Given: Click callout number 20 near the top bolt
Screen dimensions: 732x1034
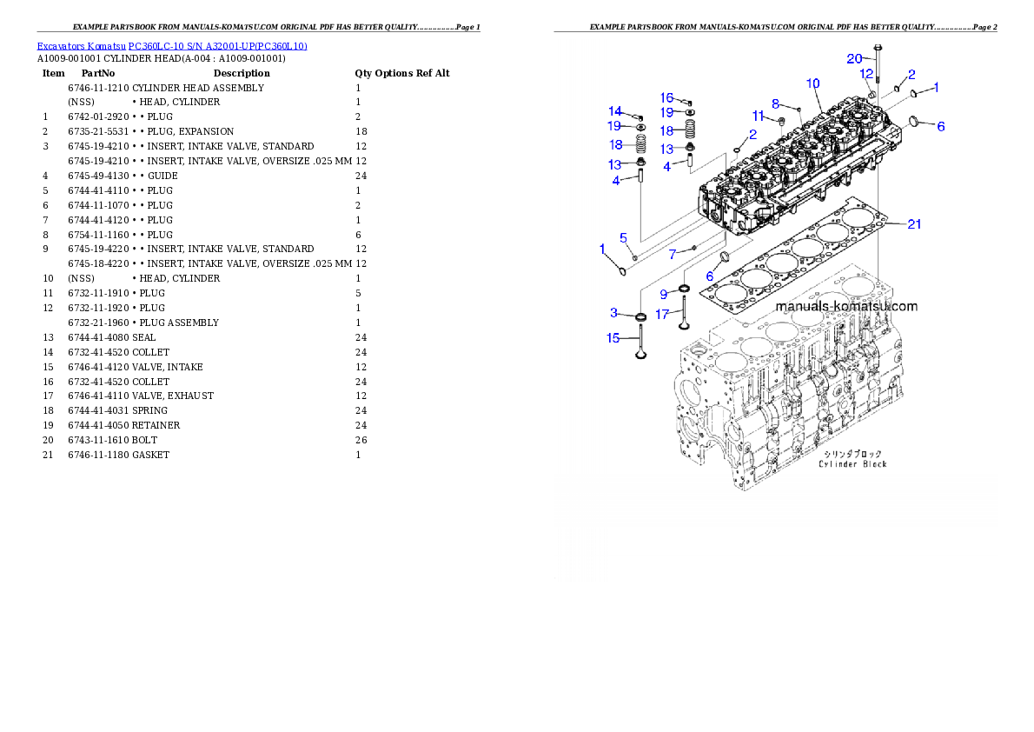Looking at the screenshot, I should pyautogui.click(x=855, y=58).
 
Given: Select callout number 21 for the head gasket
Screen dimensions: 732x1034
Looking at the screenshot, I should pyautogui.click(x=914, y=224).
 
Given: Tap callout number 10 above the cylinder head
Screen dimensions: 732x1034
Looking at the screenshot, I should pyautogui.click(x=812, y=84).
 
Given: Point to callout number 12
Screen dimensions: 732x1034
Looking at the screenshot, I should pyautogui.click(x=866, y=75).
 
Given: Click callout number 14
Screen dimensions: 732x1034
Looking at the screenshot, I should pyautogui.click(x=615, y=111).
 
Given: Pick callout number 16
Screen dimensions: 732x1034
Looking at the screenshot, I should pyautogui.click(x=666, y=98).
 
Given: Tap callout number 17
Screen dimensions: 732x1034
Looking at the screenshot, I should pyautogui.click(x=662, y=315).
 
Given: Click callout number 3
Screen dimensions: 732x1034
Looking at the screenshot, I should pyautogui.click(x=613, y=312).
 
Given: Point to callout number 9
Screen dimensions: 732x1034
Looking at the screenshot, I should pyautogui.click(x=663, y=294).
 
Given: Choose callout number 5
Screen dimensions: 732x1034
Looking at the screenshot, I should pyautogui.click(x=623, y=237).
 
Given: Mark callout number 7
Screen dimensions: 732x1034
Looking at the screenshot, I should pyautogui.click(x=673, y=254).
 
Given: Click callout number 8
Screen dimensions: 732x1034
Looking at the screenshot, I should pyautogui.click(x=776, y=103).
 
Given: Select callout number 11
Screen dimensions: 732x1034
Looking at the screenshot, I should pyautogui.click(x=758, y=116).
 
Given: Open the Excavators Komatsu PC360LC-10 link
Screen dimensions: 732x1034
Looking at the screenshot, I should pyautogui.click(x=172, y=46).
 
